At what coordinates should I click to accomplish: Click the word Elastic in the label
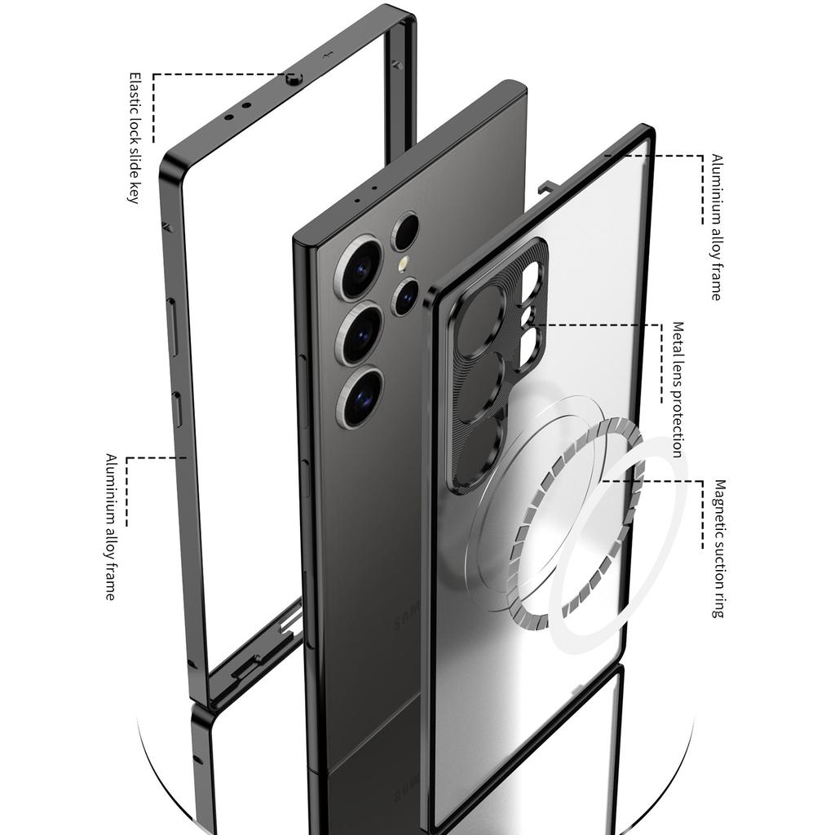coord(135,91)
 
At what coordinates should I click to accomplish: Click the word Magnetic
coord(718,506)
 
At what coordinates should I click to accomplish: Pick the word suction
coord(718,565)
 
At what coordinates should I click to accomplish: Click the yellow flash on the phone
coord(402,266)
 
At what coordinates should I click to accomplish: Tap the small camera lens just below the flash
coord(405,295)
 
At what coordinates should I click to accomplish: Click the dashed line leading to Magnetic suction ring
coord(677,481)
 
